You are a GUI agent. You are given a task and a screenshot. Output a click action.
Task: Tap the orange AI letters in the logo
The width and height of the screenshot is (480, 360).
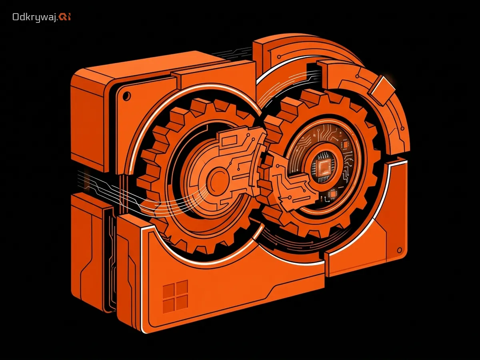(64, 17)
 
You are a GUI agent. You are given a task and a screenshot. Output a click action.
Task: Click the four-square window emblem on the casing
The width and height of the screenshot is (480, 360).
(175, 294)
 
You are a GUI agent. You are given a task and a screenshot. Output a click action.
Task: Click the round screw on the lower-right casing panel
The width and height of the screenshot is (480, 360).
(399, 250)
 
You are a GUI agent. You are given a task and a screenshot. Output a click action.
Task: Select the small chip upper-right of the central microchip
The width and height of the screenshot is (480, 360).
(345, 144)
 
